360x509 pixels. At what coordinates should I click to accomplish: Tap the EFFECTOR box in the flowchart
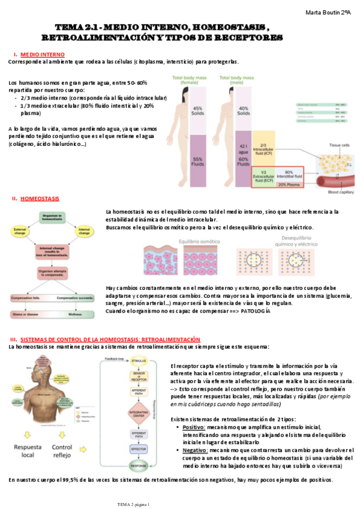tap(139, 448)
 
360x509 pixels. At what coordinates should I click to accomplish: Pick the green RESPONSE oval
tap(139, 465)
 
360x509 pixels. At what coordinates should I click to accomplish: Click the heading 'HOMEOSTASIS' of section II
tap(40, 199)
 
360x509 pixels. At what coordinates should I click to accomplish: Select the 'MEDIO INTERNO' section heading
tap(40, 55)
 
